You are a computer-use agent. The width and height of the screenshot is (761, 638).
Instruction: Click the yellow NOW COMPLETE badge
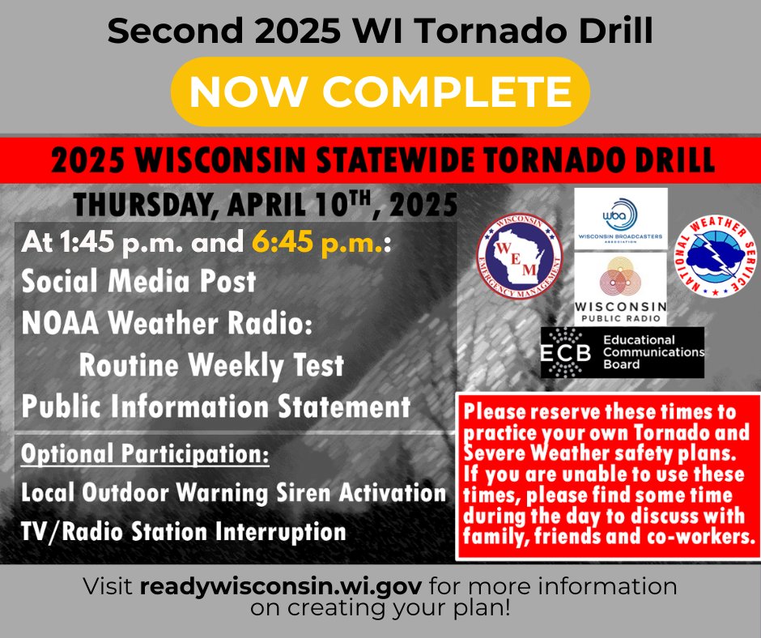380,91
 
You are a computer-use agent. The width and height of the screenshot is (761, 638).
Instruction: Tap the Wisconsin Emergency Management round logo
519,257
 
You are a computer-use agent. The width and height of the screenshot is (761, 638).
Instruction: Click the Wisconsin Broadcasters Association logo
621,219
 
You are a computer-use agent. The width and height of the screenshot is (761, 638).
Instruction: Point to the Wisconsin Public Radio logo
621,289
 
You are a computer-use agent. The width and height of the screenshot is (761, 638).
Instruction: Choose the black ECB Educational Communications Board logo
623,352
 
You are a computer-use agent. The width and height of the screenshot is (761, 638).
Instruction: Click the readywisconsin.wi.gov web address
281,586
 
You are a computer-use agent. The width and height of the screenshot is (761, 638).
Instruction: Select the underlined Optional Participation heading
145,454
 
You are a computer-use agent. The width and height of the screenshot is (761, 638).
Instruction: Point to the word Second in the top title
175,31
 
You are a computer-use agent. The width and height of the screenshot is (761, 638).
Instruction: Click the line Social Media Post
138,281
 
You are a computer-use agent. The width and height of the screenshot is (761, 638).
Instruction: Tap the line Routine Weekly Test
211,365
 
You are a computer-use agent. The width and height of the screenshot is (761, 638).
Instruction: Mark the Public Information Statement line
216,406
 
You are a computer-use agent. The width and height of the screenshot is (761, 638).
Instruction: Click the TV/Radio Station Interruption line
184,531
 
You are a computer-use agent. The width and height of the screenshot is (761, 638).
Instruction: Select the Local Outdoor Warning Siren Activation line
233,493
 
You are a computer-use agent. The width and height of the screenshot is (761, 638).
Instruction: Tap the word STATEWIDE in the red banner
393,160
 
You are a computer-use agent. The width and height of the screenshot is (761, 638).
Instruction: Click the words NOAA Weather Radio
167,323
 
